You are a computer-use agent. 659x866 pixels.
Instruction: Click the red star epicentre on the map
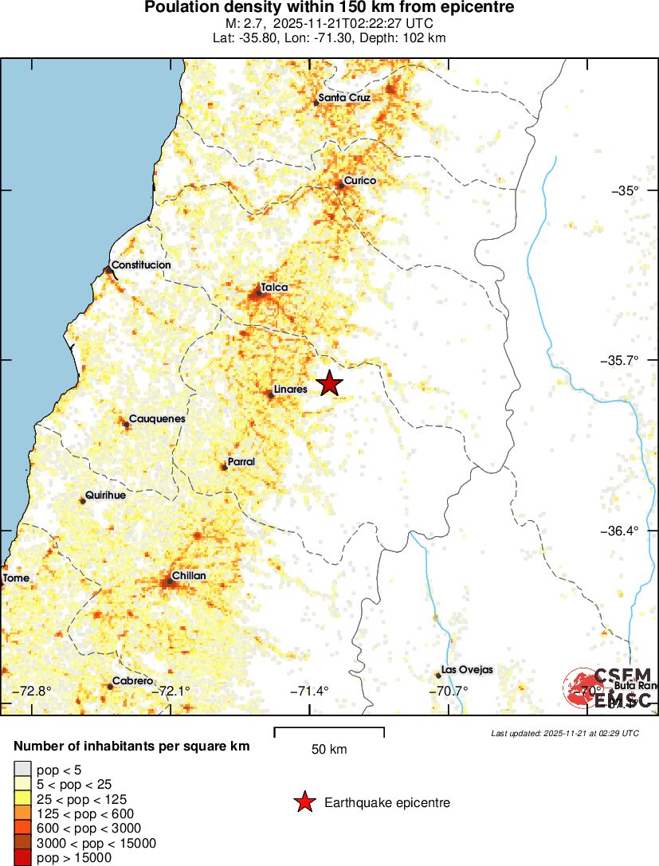[x=329, y=383]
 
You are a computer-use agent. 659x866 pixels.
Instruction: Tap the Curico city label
[x=359, y=181]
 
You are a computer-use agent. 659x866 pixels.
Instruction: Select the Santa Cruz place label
[x=344, y=98]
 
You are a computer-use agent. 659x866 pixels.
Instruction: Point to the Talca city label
[x=274, y=287]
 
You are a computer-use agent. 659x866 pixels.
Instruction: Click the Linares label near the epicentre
[x=291, y=390]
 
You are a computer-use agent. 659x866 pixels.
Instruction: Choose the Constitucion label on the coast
[x=141, y=265]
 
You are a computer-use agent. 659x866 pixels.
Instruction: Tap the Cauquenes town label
[x=157, y=418]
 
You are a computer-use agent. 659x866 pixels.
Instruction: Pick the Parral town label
[x=241, y=461]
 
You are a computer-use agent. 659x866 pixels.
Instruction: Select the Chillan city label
[x=189, y=575]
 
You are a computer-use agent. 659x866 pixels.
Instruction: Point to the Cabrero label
[x=131, y=681]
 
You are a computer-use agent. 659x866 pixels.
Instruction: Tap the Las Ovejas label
[x=467, y=670]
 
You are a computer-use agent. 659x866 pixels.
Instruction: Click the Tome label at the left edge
[x=16, y=578]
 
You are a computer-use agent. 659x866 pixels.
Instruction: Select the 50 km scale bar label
[x=328, y=749]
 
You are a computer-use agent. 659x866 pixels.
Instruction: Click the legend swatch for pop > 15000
[x=22, y=857]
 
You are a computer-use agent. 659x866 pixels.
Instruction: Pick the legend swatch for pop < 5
[x=22, y=770]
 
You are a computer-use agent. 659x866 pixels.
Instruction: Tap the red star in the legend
[x=304, y=802]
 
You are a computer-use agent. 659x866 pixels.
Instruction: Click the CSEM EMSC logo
[x=610, y=688]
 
